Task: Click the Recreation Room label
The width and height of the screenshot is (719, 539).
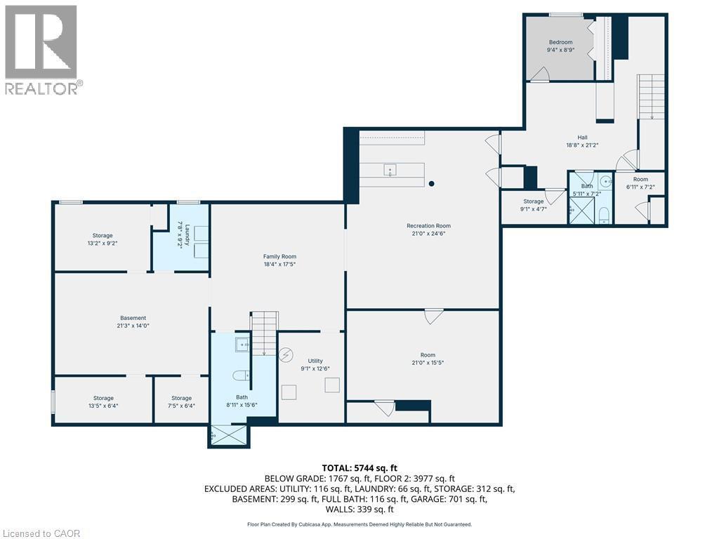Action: (428, 225)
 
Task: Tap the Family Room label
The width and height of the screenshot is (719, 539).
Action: (277, 256)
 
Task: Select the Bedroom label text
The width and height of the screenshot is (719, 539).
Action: (560, 42)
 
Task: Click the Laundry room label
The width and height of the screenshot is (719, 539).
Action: (180, 232)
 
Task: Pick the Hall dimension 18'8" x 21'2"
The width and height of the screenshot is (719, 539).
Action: (582, 145)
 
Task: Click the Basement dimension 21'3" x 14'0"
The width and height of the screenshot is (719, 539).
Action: (132, 326)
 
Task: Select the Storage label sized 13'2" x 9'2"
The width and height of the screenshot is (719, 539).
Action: (103, 236)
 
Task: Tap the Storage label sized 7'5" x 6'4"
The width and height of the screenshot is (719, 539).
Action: (181, 398)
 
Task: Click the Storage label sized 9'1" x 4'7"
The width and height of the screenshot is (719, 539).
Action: (533, 201)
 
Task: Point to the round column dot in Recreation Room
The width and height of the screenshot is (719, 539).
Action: (431, 184)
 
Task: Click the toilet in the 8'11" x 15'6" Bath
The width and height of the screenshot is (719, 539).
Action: (239, 373)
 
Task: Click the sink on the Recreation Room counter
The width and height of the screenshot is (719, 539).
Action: (390, 169)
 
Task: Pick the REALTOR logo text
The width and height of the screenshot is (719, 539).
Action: (43, 88)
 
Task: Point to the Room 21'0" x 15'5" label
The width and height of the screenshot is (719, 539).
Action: (428, 359)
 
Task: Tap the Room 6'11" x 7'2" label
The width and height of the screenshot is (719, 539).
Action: (640, 179)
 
